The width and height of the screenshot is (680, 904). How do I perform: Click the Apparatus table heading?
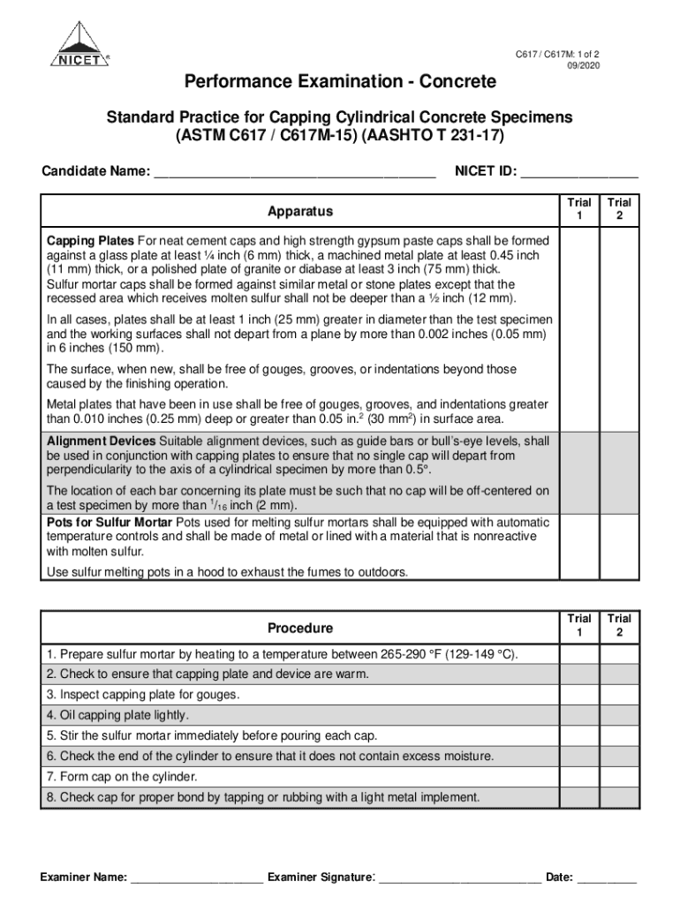click(300, 212)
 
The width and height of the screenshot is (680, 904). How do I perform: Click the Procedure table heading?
click(300, 629)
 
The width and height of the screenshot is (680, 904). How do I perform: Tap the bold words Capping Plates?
click(90, 241)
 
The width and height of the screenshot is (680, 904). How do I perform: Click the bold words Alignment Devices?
click(102, 441)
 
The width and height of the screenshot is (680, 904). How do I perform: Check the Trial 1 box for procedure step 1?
click(579, 655)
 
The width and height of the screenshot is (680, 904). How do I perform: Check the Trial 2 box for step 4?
click(619, 716)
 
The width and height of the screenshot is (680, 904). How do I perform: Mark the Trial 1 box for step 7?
click(579, 777)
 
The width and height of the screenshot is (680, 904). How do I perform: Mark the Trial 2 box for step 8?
click(619, 797)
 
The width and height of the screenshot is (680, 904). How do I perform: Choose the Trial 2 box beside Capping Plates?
click(619, 330)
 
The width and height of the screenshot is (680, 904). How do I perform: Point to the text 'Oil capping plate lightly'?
click(118, 716)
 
